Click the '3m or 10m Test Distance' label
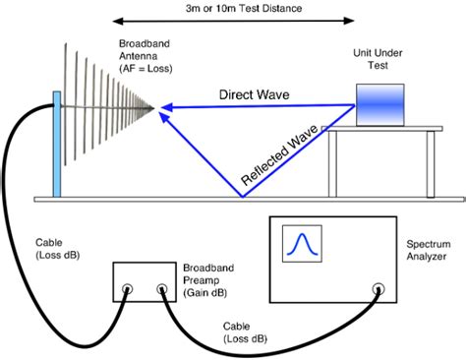click(234, 7)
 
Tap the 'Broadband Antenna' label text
click(144, 57)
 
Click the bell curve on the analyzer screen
click(300, 246)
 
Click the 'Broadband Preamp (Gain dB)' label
click(207, 279)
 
